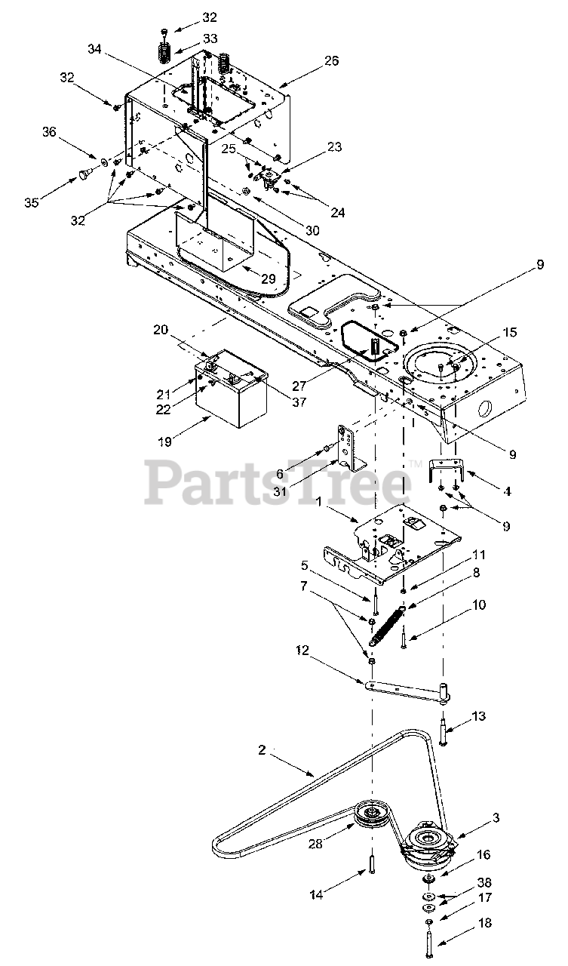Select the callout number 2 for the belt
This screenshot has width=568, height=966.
(x=262, y=750)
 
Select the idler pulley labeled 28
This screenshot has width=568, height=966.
(x=371, y=815)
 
